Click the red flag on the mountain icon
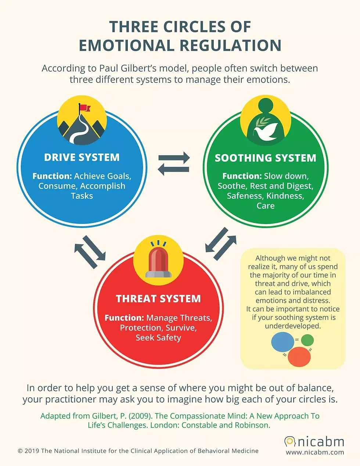coord(85,108)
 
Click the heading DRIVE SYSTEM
coord(82,157)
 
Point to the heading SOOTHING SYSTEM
coord(266,158)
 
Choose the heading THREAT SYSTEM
coord(158,299)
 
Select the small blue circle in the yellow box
coord(282,341)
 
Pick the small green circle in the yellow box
coord(307,340)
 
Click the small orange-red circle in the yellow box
coord(299,356)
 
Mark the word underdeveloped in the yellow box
coord(293,326)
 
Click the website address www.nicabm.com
coord(315,452)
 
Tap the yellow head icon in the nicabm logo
coord(290,441)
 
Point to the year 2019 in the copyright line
coord(32,451)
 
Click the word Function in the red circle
coord(124,318)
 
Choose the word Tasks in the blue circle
coord(82,196)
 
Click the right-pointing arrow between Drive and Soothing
coord(174,158)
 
